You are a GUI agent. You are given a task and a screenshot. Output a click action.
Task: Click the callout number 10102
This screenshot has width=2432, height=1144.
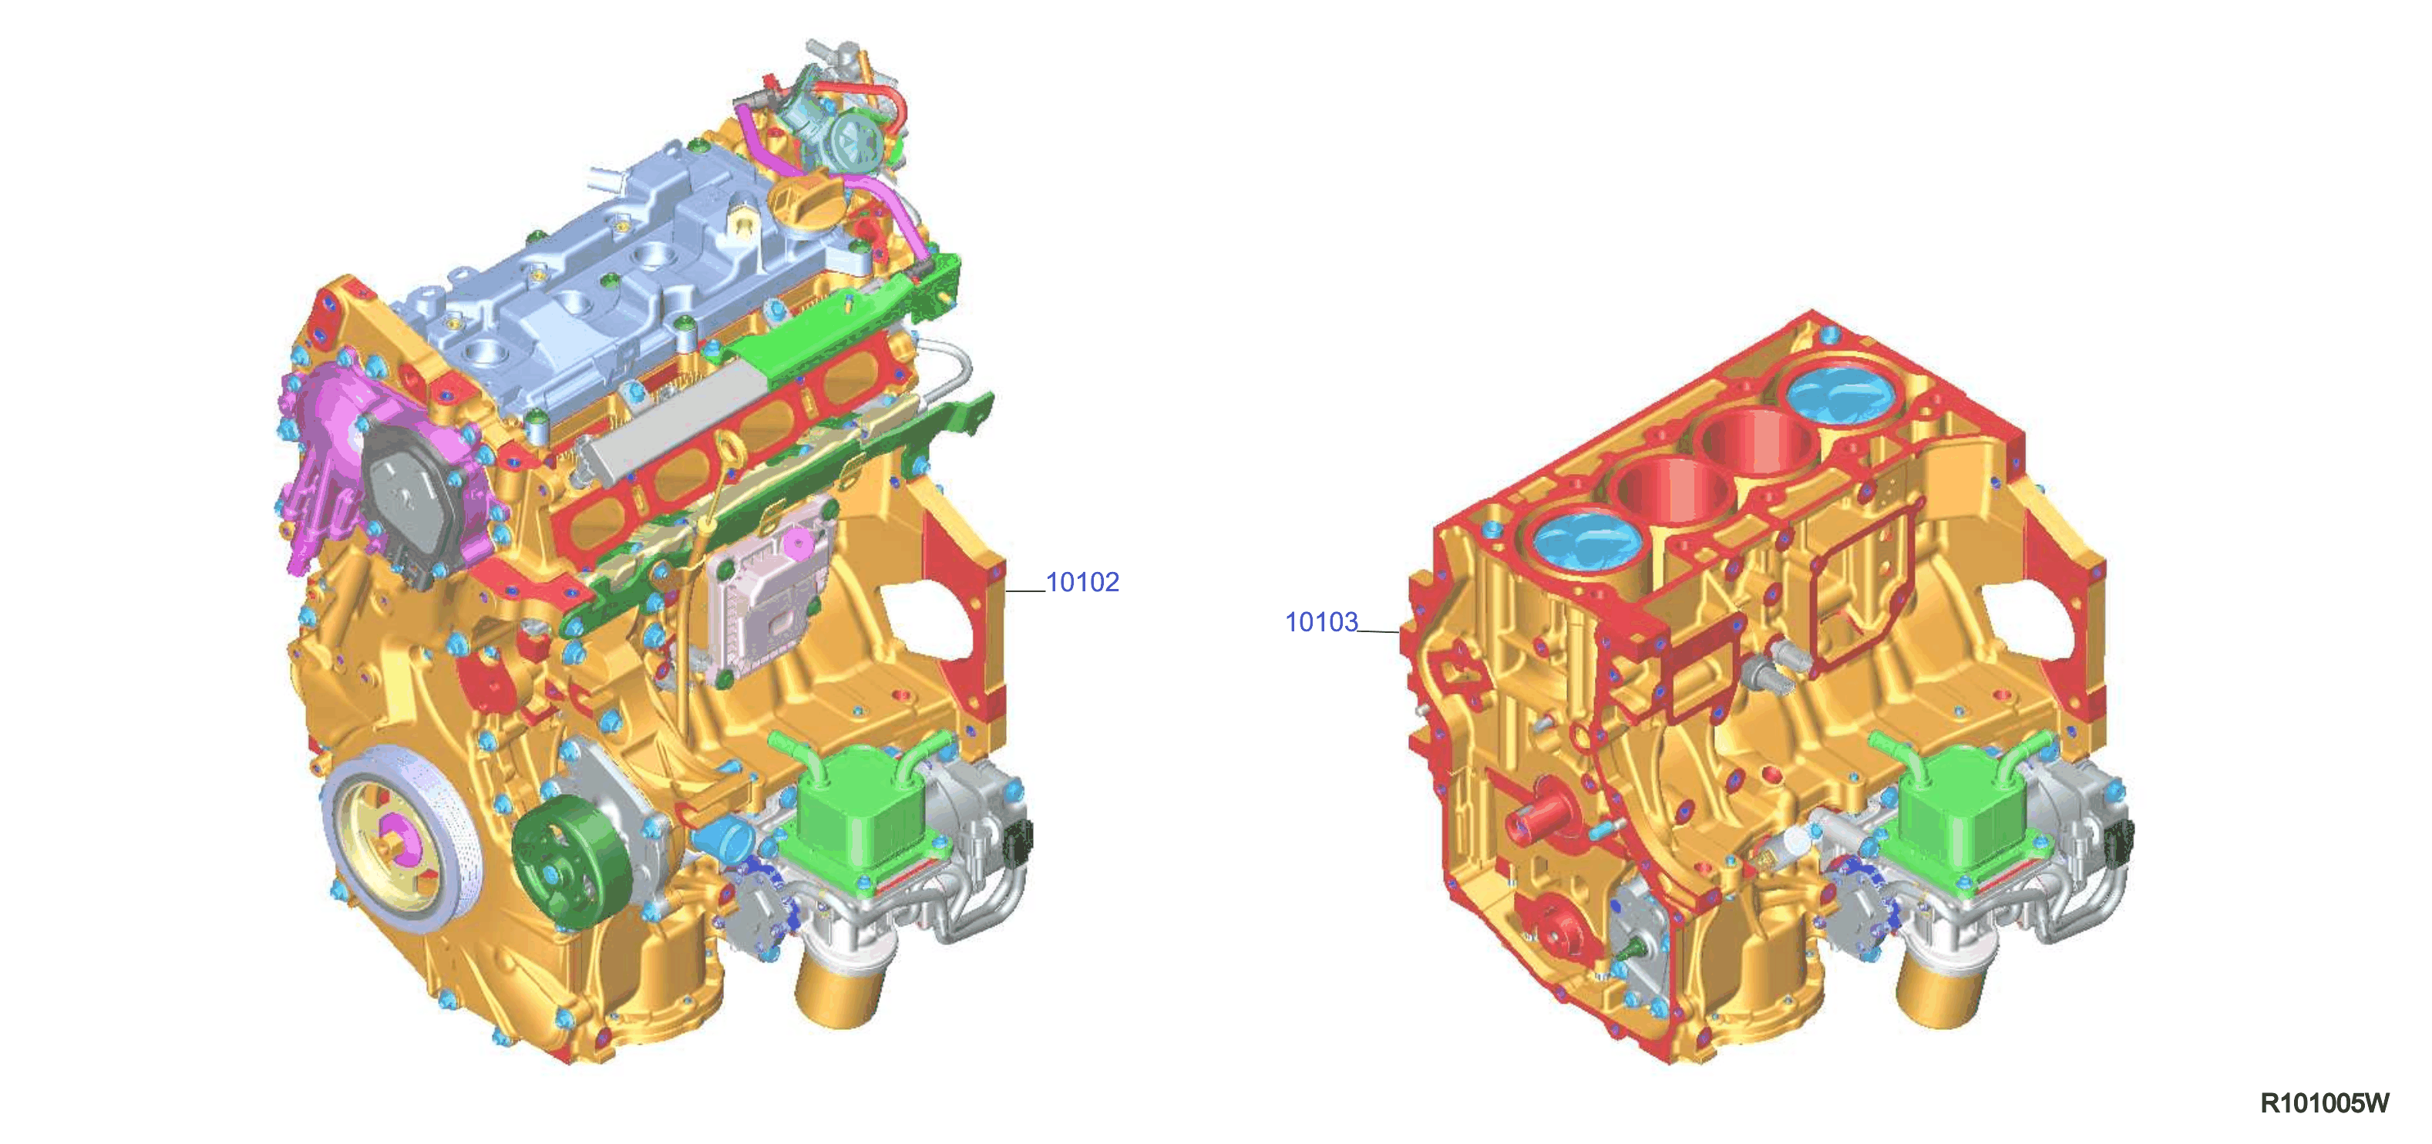(x=1082, y=582)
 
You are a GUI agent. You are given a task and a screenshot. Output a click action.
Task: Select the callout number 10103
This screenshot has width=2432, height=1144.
(x=1320, y=622)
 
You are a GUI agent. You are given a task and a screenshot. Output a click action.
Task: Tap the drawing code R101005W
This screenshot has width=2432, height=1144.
(x=2323, y=1102)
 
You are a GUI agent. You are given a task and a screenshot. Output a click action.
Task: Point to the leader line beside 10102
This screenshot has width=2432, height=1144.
(x=1025, y=591)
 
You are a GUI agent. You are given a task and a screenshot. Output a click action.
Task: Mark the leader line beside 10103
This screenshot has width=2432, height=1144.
(x=1378, y=631)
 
